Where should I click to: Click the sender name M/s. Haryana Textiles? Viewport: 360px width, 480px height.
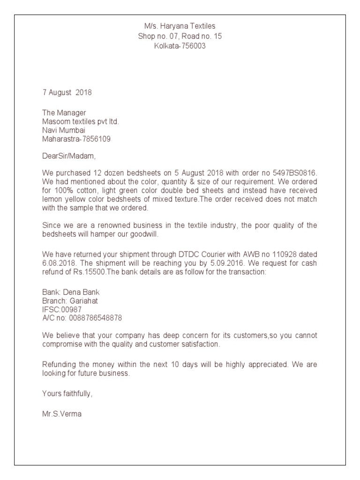pos(180,26)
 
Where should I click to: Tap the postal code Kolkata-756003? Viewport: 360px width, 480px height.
pos(180,46)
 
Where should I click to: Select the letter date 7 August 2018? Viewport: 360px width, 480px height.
pos(67,92)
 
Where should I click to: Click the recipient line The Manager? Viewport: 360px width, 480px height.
pos(64,112)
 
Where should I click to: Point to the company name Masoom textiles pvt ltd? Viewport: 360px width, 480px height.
pos(81,121)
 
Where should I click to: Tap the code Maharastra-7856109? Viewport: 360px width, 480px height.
pos(76,139)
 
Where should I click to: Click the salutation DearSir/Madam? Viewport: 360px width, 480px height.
pos(68,156)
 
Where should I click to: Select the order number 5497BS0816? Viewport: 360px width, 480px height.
pos(294,173)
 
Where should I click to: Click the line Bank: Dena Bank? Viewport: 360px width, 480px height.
pos(71,292)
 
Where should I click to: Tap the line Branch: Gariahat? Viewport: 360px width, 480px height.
pos(70,301)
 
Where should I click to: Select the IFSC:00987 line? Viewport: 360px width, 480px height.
pos(62,309)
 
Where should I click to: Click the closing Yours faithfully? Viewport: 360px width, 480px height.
pos(67,394)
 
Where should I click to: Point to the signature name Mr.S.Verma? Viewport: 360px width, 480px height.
pos(62,414)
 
